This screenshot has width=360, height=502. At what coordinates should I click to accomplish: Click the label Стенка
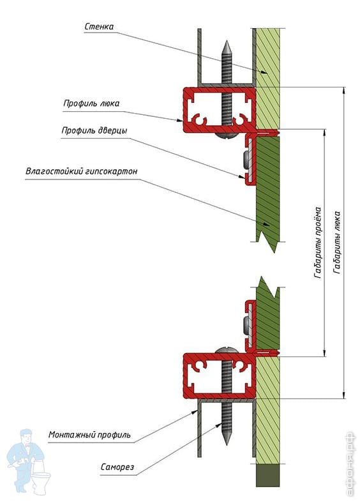(x=99, y=26)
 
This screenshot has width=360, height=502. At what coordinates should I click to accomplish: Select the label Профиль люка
(x=91, y=103)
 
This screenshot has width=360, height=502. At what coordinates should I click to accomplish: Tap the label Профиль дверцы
(x=94, y=130)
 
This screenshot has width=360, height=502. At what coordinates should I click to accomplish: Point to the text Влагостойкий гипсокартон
(x=82, y=171)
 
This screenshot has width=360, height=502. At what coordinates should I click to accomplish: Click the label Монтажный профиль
(x=89, y=435)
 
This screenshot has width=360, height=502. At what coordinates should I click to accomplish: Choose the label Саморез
(x=117, y=467)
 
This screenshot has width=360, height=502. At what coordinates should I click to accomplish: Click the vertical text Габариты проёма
(x=317, y=242)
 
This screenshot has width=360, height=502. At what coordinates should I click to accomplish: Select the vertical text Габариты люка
(x=336, y=242)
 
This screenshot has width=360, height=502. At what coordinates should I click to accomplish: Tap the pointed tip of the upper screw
(x=227, y=42)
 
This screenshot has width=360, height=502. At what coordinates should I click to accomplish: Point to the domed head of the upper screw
(x=227, y=135)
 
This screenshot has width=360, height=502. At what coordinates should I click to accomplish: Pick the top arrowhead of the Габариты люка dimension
(x=344, y=91)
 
